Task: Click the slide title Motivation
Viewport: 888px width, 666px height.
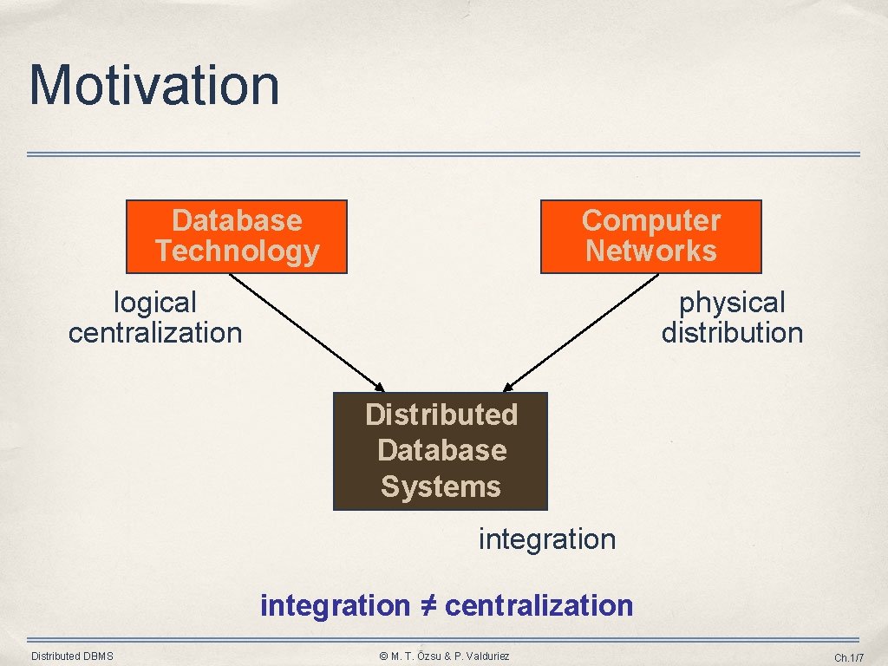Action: (x=154, y=85)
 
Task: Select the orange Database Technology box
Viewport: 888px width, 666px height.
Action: (x=237, y=237)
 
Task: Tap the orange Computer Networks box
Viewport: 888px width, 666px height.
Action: (x=650, y=237)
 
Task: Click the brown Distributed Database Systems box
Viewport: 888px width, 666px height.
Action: (x=441, y=451)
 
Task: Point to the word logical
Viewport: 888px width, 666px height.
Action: (x=155, y=303)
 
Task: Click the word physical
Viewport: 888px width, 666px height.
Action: (x=732, y=303)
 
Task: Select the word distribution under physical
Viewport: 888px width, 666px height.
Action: (x=732, y=333)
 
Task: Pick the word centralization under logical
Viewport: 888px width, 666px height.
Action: (x=155, y=333)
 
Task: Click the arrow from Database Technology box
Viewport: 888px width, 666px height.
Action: (x=305, y=331)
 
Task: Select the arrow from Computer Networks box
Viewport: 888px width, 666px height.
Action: (x=581, y=331)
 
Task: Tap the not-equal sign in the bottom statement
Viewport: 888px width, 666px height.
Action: (x=427, y=605)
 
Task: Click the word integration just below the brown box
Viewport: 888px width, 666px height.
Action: (x=547, y=539)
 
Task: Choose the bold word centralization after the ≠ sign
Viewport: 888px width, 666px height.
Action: (x=539, y=605)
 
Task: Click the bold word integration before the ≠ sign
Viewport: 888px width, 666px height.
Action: (x=335, y=605)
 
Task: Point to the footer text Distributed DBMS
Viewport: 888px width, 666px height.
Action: (x=72, y=656)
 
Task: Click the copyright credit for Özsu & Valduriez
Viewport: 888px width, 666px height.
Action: (x=444, y=656)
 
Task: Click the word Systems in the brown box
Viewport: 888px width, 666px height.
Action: (x=441, y=486)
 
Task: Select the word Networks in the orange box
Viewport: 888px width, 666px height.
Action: (x=650, y=251)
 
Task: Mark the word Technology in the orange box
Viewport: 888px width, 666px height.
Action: (x=237, y=251)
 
